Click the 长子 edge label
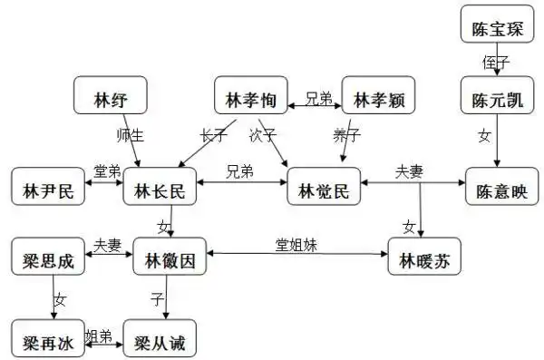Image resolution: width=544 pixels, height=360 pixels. [214, 135]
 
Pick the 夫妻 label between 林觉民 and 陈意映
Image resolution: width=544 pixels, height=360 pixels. [409, 170]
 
